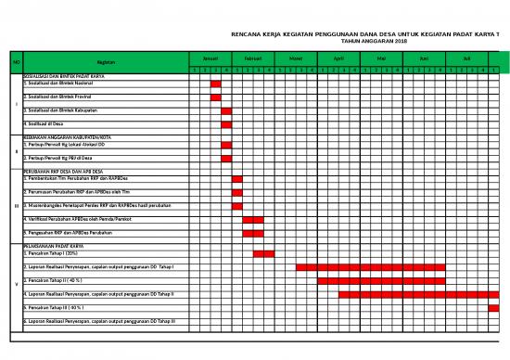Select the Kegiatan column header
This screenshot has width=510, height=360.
(106, 62)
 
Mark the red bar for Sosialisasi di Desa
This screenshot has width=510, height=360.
(226, 124)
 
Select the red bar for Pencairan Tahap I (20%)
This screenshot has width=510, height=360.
(263, 253)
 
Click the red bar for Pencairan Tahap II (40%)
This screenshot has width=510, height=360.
(381, 280)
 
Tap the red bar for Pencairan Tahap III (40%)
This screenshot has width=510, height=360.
(493, 307)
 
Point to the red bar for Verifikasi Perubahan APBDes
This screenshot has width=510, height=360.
(253, 219)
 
